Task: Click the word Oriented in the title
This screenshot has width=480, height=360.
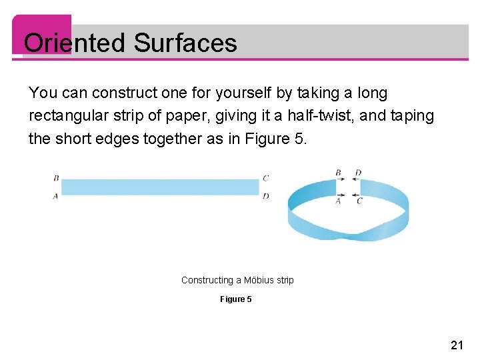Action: pos(75,43)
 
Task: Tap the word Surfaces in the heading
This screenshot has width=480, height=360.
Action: pos(185,43)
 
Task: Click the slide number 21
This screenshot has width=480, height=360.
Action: pos(457,345)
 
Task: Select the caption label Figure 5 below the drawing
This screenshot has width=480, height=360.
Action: pos(236,299)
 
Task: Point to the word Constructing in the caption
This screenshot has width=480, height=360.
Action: pos(207,280)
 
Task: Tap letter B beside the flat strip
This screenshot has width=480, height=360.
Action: pos(55,178)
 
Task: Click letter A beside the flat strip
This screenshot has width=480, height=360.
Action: pos(55,196)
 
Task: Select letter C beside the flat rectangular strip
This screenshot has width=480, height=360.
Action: pos(265,178)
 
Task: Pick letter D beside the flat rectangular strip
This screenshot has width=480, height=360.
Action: pos(265,196)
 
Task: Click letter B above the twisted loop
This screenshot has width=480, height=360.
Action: pos(338,173)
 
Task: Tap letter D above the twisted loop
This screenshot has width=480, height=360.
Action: pos(358,173)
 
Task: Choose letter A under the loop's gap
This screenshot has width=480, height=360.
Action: pos(339,201)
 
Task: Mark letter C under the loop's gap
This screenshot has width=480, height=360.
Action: pos(359,201)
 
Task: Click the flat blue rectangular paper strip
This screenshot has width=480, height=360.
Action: pos(160,187)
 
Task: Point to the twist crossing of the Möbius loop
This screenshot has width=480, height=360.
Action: pos(361,235)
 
